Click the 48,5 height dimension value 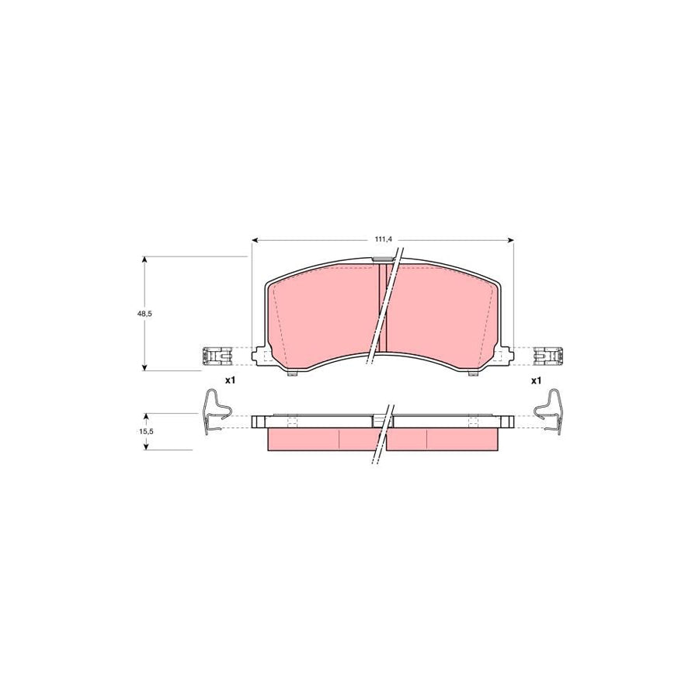pos(144,314)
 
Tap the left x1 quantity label pos(230,381)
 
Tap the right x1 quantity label pos(536,381)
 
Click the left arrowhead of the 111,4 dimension pos(255,241)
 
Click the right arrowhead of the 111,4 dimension pos(510,241)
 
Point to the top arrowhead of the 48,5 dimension pos(144,260)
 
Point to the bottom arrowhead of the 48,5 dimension pos(144,366)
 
